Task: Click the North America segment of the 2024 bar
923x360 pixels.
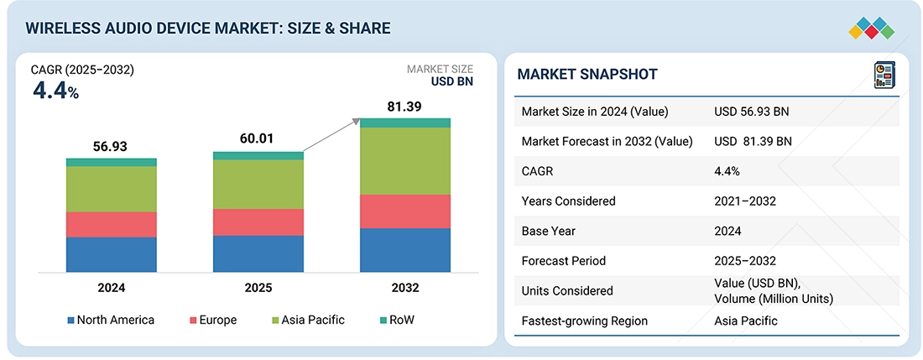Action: (112, 254)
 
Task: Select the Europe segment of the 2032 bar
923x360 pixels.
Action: (405, 211)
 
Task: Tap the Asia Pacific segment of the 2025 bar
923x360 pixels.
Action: (258, 184)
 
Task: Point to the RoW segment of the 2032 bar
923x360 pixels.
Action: (405, 123)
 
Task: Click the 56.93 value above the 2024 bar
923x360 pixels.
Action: (111, 146)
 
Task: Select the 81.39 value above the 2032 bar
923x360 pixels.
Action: (405, 107)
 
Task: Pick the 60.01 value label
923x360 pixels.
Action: (258, 139)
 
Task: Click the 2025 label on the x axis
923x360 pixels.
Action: (258, 288)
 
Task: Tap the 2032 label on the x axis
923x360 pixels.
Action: (405, 288)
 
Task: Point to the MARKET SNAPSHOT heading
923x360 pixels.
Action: (587, 75)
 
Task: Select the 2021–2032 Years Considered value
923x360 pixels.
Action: (745, 201)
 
